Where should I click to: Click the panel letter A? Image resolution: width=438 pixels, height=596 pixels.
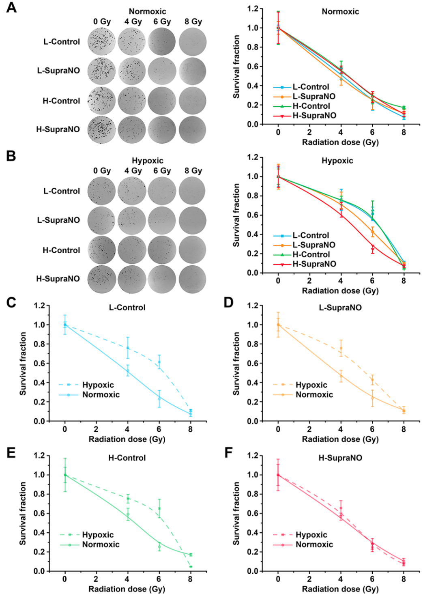pyautogui.click(x=11, y=8)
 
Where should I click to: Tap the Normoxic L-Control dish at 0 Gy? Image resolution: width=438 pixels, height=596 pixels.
pyautogui.click(x=101, y=41)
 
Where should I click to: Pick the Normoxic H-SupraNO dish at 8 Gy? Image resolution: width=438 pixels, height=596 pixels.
pyautogui.click(x=193, y=130)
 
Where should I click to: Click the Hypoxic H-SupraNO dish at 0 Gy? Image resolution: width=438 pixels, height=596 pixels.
pyautogui.click(x=101, y=279)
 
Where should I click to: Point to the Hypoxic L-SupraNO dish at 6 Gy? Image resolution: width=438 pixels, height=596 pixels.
pyautogui.click(x=162, y=220)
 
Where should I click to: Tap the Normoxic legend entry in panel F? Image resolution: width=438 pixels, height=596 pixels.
pyautogui.click(x=314, y=544)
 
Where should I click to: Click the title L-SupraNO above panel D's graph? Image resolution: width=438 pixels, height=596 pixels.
pyautogui.click(x=340, y=308)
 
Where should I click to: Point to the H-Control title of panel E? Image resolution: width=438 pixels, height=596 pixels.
pyautogui.click(x=127, y=458)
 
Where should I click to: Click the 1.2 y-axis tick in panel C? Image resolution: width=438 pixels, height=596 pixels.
pyautogui.click(x=39, y=306)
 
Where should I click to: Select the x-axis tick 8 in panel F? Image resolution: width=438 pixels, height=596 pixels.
pyautogui.click(x=404, y=579)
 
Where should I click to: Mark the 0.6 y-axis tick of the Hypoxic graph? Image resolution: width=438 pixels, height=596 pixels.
pyautogui.click(x=253, y=215)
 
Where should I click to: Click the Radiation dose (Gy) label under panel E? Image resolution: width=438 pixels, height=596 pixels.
pyautogui.click(x=127, y=589)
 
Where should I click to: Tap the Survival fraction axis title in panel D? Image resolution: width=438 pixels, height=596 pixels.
pyautogui.click(x=236, y=364)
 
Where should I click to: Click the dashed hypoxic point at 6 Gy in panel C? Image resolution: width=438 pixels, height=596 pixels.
pyautogui.click(x=159, y=362)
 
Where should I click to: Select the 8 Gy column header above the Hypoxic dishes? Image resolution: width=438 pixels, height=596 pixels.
pyautogui.click(x=193, y=171)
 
